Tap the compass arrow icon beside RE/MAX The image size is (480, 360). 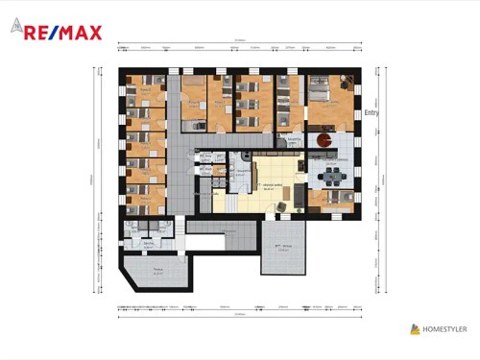pos(17,28)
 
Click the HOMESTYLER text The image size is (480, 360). pos(447,329)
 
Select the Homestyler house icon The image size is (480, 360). pos(415,329)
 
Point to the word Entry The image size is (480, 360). pos(372,112)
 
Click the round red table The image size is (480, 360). pos(323,141)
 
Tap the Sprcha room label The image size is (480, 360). pos(149,244)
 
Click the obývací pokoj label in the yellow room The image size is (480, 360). pos(272,184)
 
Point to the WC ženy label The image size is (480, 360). pos(205,154)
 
